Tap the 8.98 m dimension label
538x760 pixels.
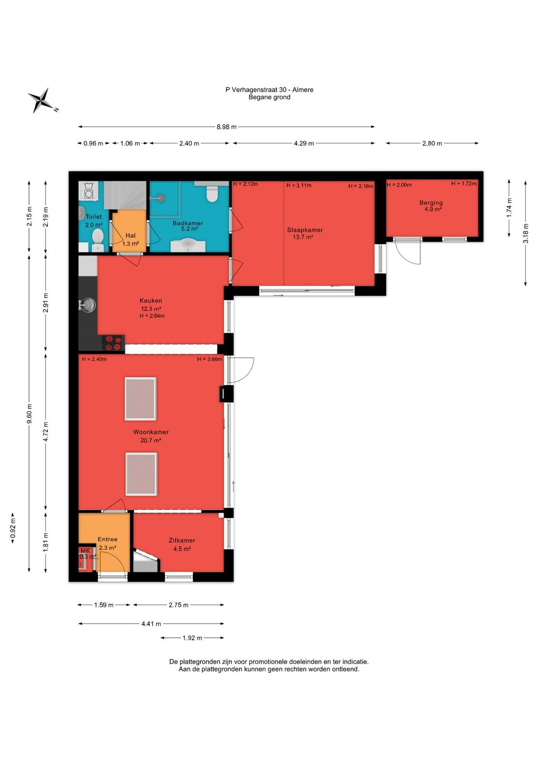pyautogui.click(x=226, y=127)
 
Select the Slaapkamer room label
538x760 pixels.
pyautogui.click(x=305, y=230)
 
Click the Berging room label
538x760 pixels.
pyautogui.click(x=431, y=203)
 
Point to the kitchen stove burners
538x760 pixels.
pyautogui.click(x=114, y=342)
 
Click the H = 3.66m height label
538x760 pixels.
pyautogui.click(x=210, y=359)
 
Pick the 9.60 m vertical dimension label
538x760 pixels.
pyautogui.click(x=29, y=414)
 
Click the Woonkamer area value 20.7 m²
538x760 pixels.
pyautogui.click(x=151, y=440)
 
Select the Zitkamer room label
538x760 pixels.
pyautogui.click(x=182, y=541)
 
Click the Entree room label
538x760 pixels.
pyautogui.click(x=107, y=539)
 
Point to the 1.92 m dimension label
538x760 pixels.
pyautogui.click(x=192, y=638)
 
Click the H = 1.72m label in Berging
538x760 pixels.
pyautogui.click(x=464, y=183)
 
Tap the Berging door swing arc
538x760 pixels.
pyautogui.click(x=407, y=258)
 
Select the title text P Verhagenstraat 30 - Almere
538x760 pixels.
pyautogui.click(x=269, y=90)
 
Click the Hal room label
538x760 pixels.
pyautogui.click(x=130, y=236)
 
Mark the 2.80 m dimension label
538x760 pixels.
pyautogui.click(x=432, y=143)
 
